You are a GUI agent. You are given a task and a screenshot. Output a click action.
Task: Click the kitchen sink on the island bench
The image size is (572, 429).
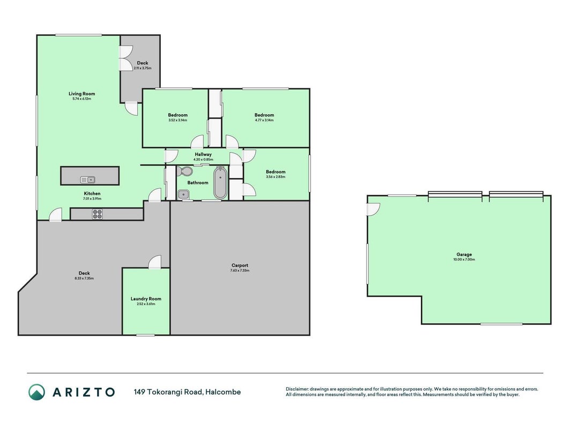[x=87, y=180]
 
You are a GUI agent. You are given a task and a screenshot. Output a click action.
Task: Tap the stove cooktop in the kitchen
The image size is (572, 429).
[x=98, y=214]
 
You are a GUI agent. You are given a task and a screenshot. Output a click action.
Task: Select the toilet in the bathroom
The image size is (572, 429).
[x=186, y=171]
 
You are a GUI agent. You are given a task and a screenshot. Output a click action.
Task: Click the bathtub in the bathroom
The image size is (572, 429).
[x=220, y=183]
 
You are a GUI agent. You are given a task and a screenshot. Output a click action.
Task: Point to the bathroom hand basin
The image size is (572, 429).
[x=183, y=195]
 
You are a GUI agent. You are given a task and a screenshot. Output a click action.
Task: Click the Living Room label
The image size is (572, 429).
[x=81, y=94]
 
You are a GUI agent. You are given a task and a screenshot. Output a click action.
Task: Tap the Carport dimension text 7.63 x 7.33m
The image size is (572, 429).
[x=240, y=271]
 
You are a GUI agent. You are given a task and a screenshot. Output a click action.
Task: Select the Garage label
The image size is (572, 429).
[x=464, y=255]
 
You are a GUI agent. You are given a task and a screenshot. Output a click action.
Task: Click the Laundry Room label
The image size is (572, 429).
[x=146, y=299]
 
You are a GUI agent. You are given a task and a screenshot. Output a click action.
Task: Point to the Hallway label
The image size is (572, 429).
[x=203, y=154]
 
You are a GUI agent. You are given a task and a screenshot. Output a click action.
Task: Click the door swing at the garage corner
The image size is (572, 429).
[x=374, y=209]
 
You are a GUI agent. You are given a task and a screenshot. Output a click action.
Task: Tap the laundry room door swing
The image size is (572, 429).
[x=155, y=262]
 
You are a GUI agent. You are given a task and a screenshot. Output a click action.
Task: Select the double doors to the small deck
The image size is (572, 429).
[x=127, y=58]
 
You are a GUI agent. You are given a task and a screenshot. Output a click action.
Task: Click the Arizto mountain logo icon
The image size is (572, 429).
[x=37, y=392]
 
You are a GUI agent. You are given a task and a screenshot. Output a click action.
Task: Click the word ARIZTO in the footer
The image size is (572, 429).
[x=84, y=392]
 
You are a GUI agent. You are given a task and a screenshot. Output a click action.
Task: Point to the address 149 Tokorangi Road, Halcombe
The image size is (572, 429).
[x=187, y=392]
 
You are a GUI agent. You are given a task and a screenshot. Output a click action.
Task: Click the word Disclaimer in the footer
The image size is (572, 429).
[x=297, y=389]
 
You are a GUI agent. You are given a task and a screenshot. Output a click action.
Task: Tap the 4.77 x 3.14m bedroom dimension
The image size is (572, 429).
[x=264, y=120]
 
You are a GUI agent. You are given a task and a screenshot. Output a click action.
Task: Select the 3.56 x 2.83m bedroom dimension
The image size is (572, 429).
[x=276, y=177]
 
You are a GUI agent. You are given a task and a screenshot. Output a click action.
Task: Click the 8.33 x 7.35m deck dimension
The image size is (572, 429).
[x=84, y=278]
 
